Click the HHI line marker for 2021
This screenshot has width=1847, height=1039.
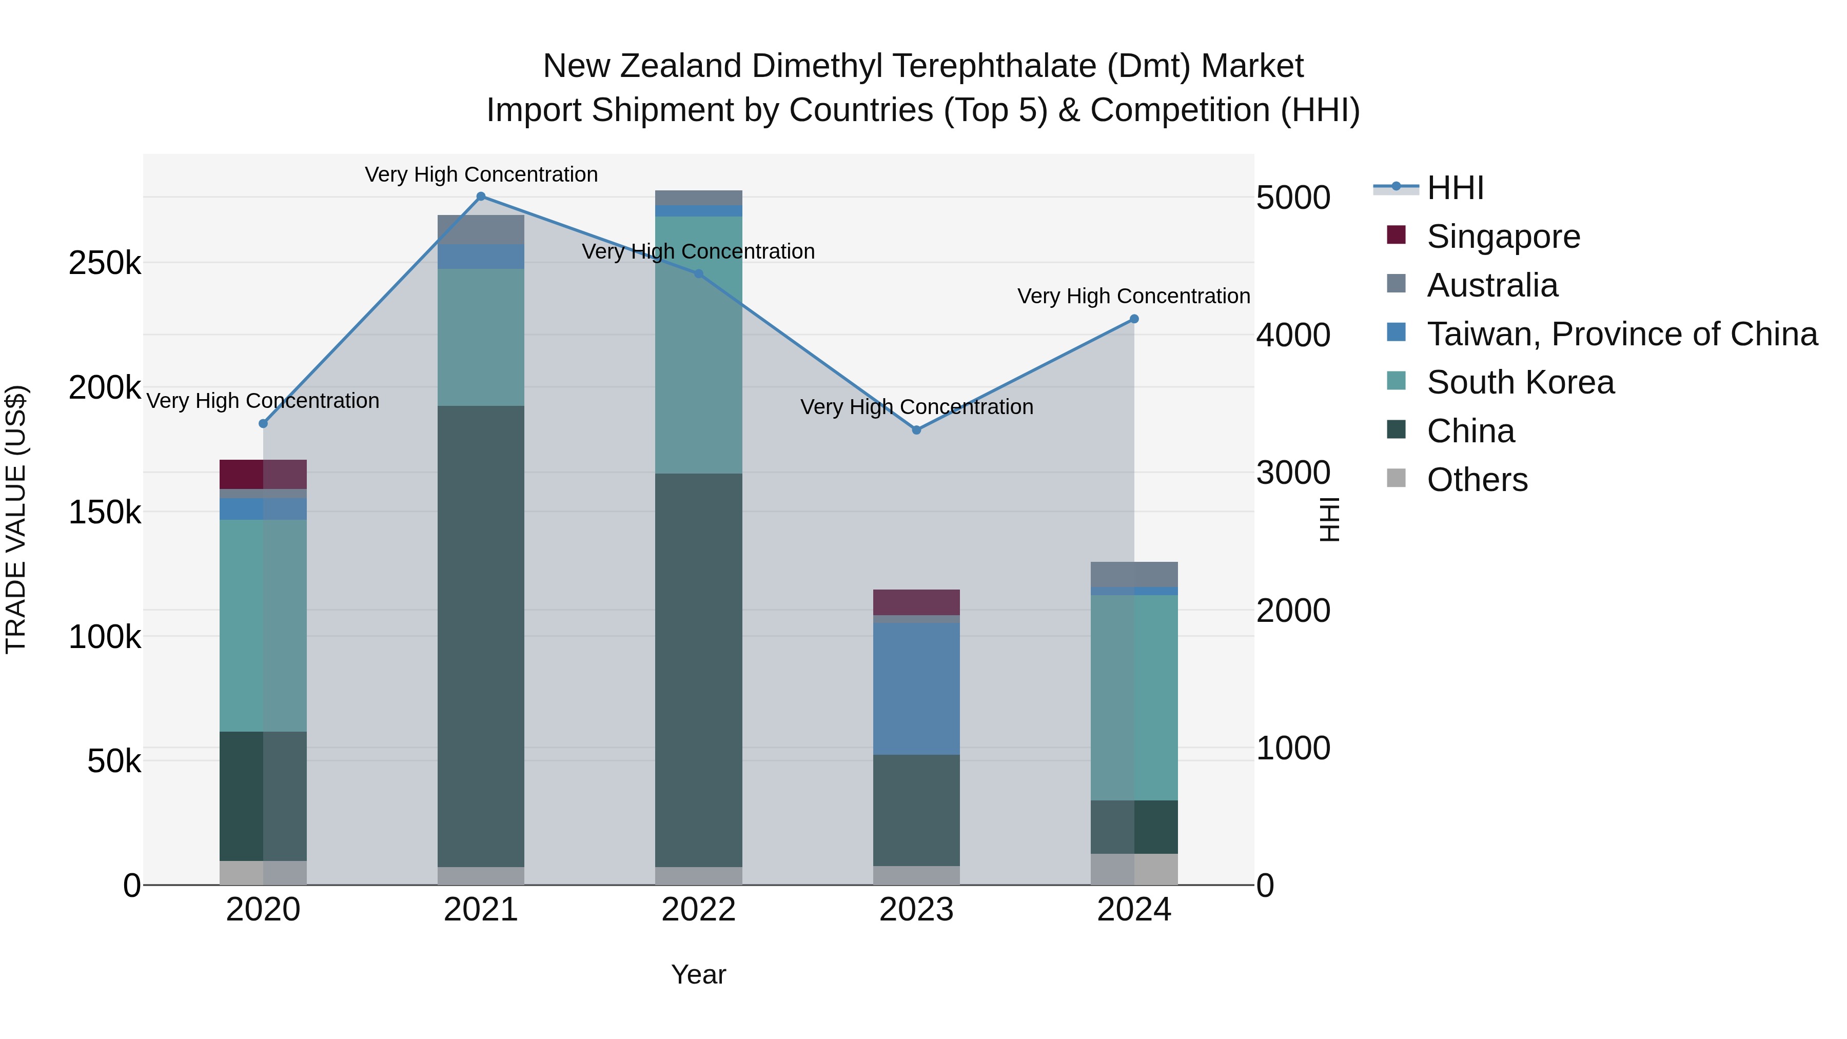tap(481, 197)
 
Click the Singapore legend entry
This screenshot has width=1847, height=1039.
tap(1503, 237)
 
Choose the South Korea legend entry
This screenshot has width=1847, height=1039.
tap(1520, 382)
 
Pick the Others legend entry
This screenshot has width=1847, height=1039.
tap(1477, 480)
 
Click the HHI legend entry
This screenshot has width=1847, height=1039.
tap(1455, 188)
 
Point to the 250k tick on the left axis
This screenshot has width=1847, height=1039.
tap(105, 263)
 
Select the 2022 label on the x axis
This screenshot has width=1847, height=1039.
tap(698, 910)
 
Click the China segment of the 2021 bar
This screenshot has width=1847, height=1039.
tap(481, 636)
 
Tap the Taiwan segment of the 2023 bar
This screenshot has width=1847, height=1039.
tap(916, 689)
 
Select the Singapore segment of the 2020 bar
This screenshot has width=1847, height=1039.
tap(263, 474)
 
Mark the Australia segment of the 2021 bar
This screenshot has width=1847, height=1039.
tap(481, 229)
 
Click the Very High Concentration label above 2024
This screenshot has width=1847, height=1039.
tap(1133, 296)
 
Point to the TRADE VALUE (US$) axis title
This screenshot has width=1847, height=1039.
tap(16, 519)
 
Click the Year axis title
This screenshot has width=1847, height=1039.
tap(698, 974)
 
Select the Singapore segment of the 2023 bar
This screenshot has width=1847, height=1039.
tap(916, 602)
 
